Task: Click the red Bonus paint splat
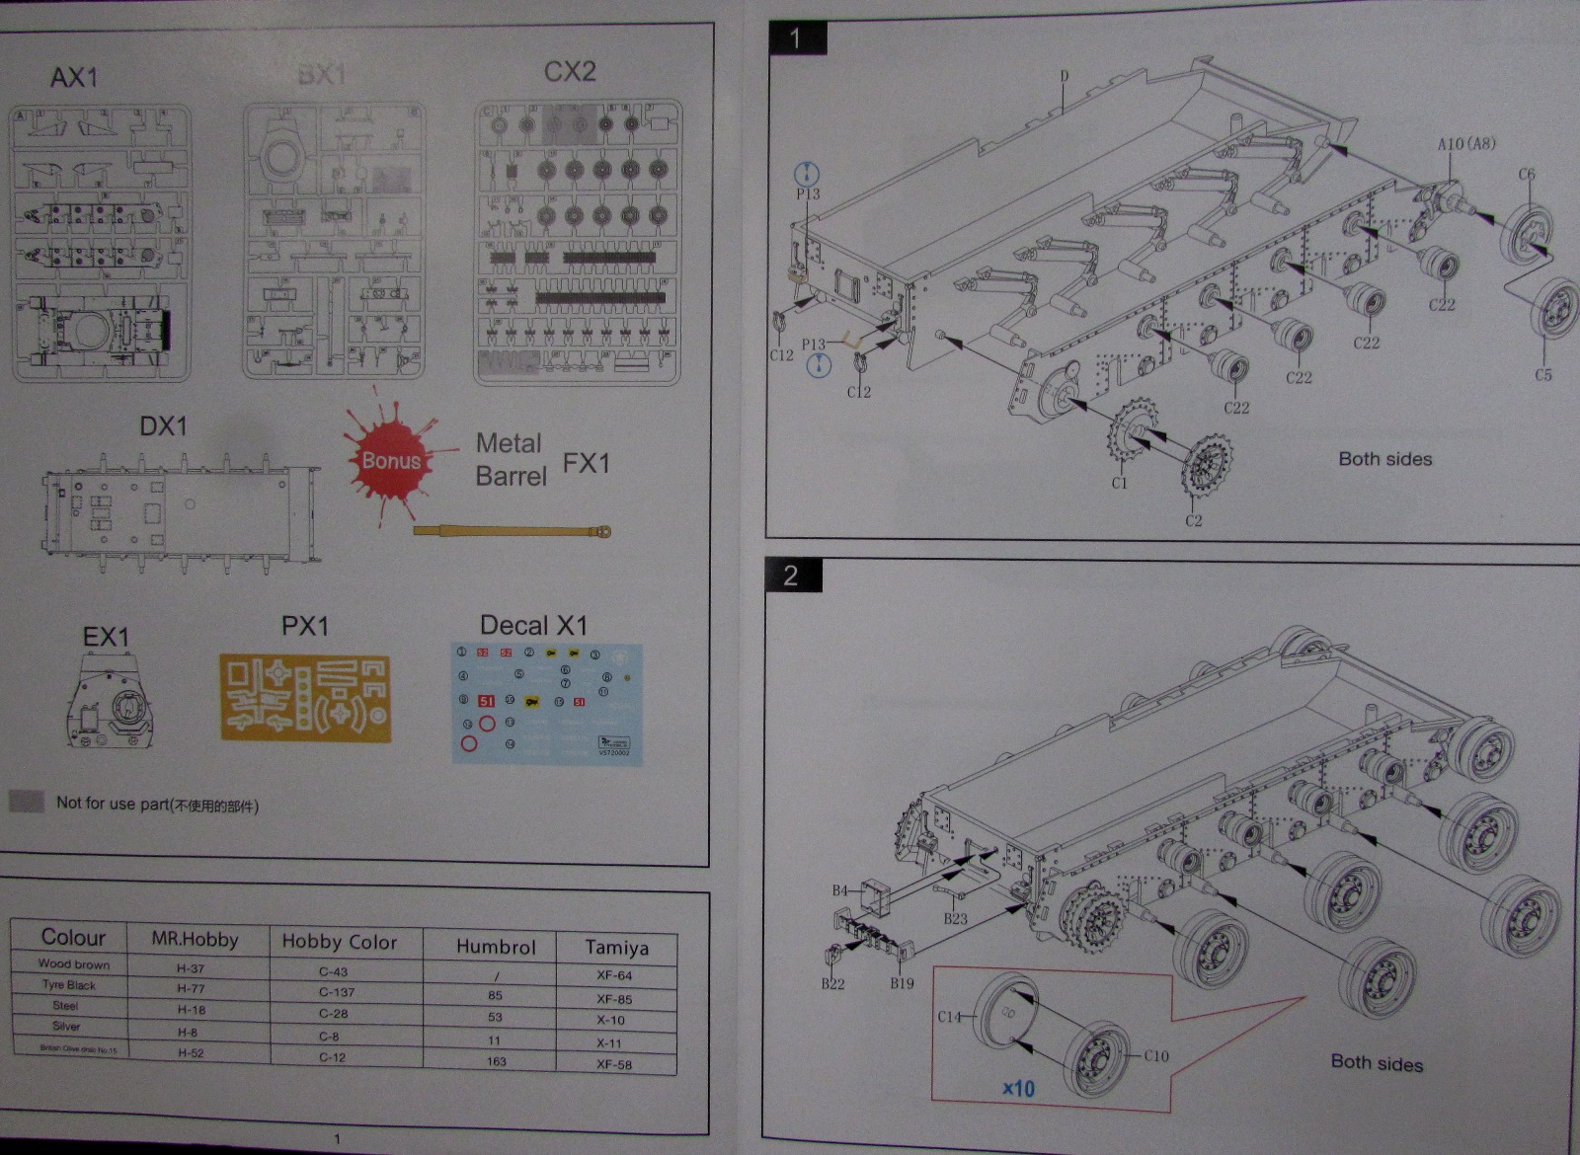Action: [390, 459]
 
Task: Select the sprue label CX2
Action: [570, 72]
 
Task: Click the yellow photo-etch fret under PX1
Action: [305, 699]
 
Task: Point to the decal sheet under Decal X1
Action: [547, 704]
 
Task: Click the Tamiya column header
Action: [616, 948]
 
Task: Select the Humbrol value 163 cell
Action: [496, 1061]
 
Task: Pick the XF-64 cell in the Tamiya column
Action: [614, 975]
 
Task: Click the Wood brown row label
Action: [74, 964]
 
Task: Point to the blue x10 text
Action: [1018, 1089]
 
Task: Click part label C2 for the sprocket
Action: [1194, 520]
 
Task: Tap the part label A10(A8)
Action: [1465, 144]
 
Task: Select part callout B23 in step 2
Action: [955, 918]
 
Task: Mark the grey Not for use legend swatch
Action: [27, 802]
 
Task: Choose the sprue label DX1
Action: [163, 426]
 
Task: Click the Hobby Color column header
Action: [339, 942]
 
